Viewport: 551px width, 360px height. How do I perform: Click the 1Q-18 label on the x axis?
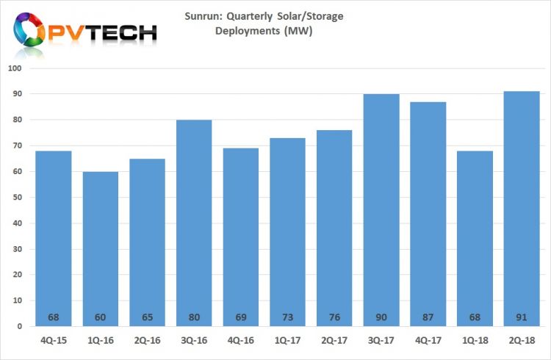coord(475,341)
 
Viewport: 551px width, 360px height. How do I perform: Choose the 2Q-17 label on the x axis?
coord(334,341)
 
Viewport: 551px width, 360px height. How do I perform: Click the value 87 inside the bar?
coord(428,317)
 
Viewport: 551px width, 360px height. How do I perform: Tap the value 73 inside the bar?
coord(288,317)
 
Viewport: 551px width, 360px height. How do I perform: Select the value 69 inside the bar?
coord(241,317)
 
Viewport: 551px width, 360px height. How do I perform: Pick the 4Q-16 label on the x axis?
coord(241,341)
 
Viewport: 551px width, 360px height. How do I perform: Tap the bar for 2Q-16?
coord(147,242)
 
